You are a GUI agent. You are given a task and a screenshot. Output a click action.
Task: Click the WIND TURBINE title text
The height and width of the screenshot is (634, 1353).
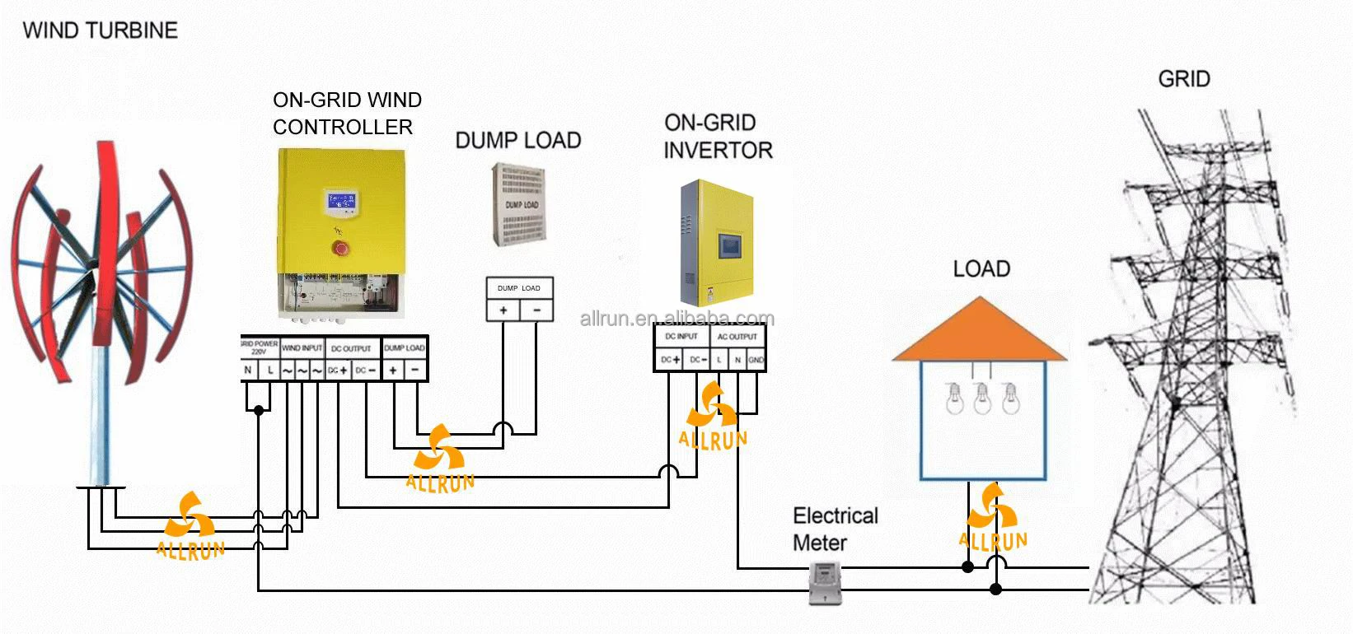pyautogui.click(x=101, y=30)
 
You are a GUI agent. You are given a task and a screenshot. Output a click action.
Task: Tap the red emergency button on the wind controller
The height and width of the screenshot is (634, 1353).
pyautogui.click(x=339, y=248)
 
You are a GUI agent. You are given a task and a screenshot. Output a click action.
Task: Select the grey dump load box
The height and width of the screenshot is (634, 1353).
pyautogui.click(x=520, y=203)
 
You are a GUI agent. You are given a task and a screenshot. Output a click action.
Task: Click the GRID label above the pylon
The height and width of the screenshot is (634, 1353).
pyautogui.click(x=1184, y=79)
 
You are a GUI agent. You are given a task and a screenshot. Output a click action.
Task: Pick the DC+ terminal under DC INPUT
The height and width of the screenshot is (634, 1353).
pyautogui.click(x=670, y=360)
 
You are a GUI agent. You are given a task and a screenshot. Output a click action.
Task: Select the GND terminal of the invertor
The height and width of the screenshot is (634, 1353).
pyautogui.click(x=756, y=360)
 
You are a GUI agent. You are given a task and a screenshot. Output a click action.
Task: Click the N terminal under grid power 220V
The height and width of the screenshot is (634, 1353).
pyautogui.click(x=248, y=371)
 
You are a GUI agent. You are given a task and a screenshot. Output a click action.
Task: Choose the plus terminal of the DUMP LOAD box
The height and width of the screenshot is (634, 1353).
pyautogui.click(x=503, y=310)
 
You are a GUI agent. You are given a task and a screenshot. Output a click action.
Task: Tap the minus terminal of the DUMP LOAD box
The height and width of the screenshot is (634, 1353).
pyautogui.click(x=536, y=310)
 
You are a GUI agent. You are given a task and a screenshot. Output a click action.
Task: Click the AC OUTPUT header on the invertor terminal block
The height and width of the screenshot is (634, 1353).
pyautogui.click(x=737, y=336)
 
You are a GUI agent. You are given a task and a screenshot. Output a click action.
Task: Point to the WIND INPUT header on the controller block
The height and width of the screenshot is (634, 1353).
pyautogui.click(x=302, y=348)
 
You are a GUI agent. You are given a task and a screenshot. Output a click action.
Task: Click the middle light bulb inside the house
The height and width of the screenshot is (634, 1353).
pyautogui.click(x=981, y=398)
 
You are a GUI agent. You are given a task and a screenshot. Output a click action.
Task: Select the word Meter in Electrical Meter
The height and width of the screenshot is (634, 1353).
pyautogui.click(x=819, y=543)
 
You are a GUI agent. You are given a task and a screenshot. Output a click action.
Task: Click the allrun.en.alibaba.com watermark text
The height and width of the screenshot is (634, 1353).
pyautogui.click(x=677, y=319)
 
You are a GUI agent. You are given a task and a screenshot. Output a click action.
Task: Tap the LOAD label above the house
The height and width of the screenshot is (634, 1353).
pyautogui.click(x=981, y=269)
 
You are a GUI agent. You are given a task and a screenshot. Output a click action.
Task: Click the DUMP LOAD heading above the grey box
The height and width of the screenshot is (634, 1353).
pyautogui.click(x=518, y=141)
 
